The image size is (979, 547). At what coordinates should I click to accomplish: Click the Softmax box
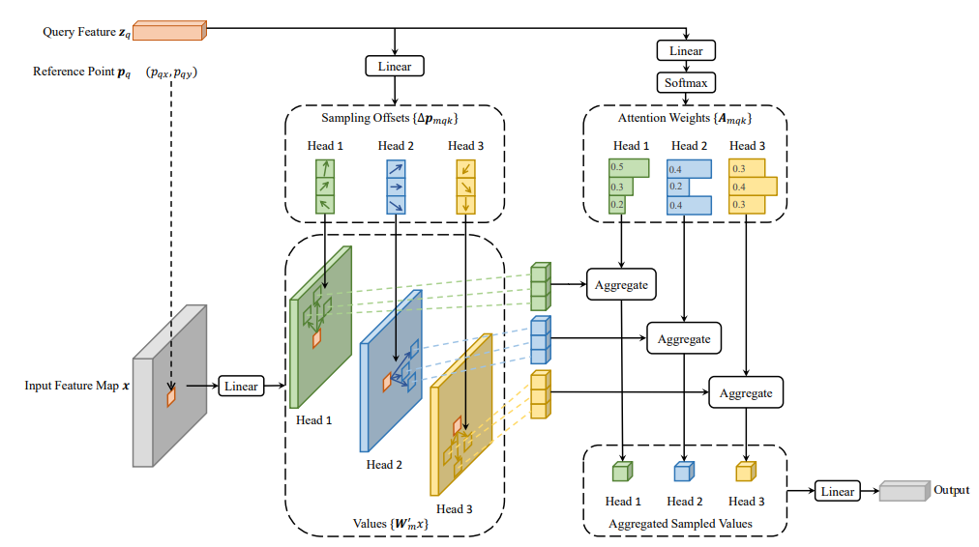pyautogui.click(x=686, y=82)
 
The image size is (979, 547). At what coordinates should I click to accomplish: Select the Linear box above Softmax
pyautogui.click(x=686, y=50)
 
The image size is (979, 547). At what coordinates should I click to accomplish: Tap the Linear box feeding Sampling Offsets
pyautogui.click(x=395, y=66)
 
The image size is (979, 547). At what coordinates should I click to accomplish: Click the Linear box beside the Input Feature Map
pyautogui.click(x=241, y=386)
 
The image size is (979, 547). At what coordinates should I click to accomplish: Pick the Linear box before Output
pyautogui.click(x=837, y=492)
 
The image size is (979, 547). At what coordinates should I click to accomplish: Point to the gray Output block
pyautogui.click(x=905, y=491)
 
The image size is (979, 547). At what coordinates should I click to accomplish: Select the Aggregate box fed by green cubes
pyautogui.click(x=621, y=284)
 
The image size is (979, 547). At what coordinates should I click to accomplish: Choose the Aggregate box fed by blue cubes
pyautogui.click(x=684, y=338)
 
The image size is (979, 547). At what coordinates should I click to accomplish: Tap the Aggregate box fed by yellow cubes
pyautogui.click(x=746, y=393)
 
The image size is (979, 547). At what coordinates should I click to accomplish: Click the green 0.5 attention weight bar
pyautogui.click(x=629, y=168)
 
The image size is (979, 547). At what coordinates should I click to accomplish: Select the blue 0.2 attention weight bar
pyautogui.click(x=678, y=187)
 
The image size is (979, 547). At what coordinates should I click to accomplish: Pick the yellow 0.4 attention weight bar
pyautogui.click(x=753, y=187)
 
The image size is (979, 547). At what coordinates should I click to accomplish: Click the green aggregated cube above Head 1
pyautogui.click(x=622, y=472)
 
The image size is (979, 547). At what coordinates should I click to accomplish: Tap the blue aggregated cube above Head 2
pyautogui.click(x=684, y=472)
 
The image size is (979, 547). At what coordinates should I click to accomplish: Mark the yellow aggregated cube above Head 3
pyautogui.click(x=746, y=472)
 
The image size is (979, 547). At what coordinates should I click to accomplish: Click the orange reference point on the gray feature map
pyautogui.click(x=171, y=396)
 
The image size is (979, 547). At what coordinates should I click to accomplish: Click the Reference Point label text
pyautogui.click(x=82, y=72)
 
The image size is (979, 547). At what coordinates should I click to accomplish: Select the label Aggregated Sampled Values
pyautogui.click(x=680, y=524)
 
